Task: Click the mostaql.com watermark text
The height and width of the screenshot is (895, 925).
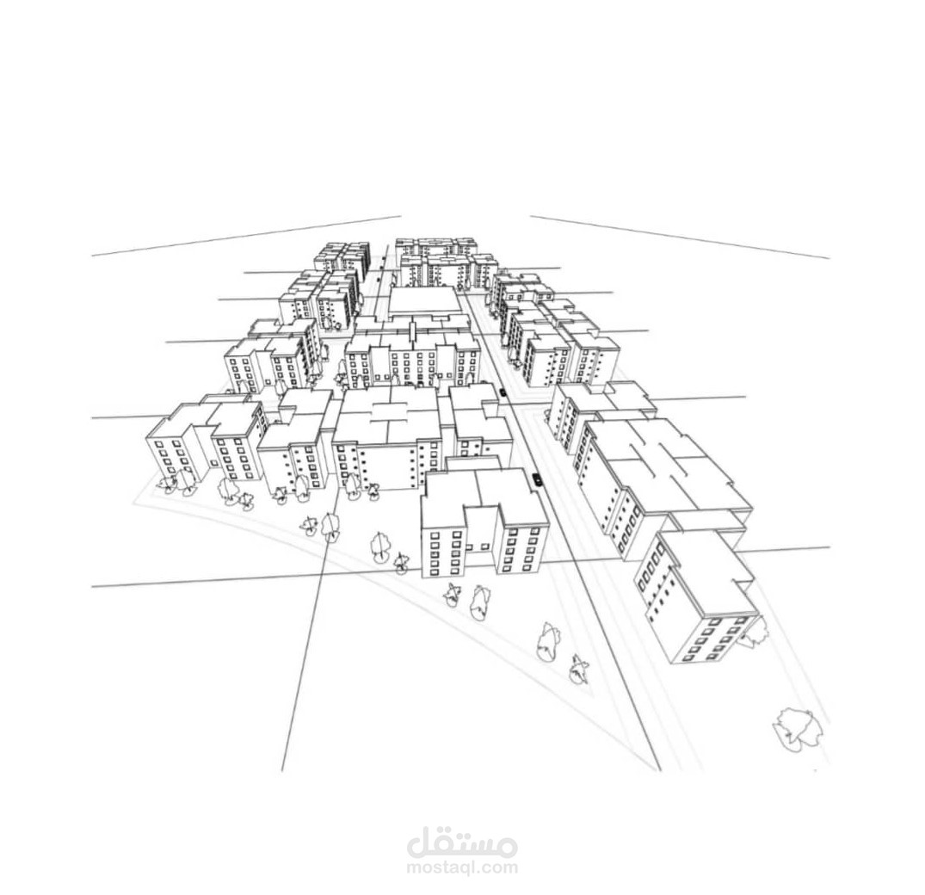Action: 462,867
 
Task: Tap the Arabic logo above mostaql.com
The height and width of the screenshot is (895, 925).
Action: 462,841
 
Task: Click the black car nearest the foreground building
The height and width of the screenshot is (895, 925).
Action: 537,479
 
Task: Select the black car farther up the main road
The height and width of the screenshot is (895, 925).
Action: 503,392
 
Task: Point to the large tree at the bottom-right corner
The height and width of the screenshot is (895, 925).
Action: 798,730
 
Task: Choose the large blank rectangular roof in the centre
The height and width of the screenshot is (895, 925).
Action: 425,302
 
